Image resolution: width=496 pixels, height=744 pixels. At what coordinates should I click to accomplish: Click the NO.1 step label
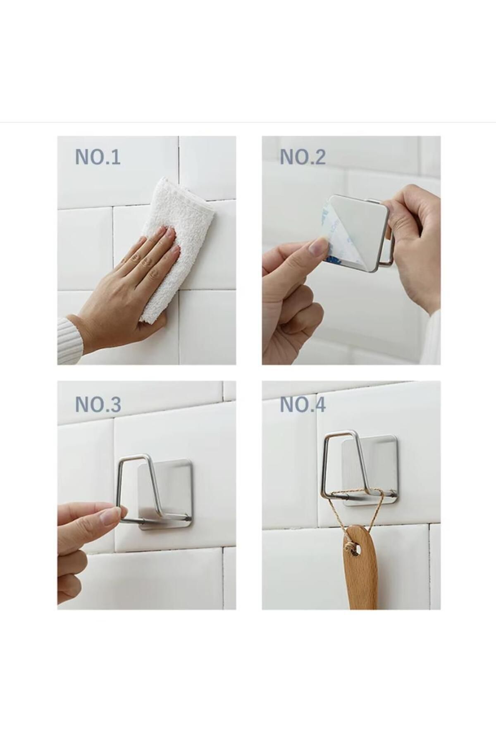(x=98, y=157)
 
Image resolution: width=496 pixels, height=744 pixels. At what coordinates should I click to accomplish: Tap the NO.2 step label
(x=303, y=157)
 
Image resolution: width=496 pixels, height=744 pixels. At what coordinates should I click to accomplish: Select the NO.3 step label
(x=98, y=404)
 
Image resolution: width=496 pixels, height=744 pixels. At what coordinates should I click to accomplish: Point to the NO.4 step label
(x=303, y=404)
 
